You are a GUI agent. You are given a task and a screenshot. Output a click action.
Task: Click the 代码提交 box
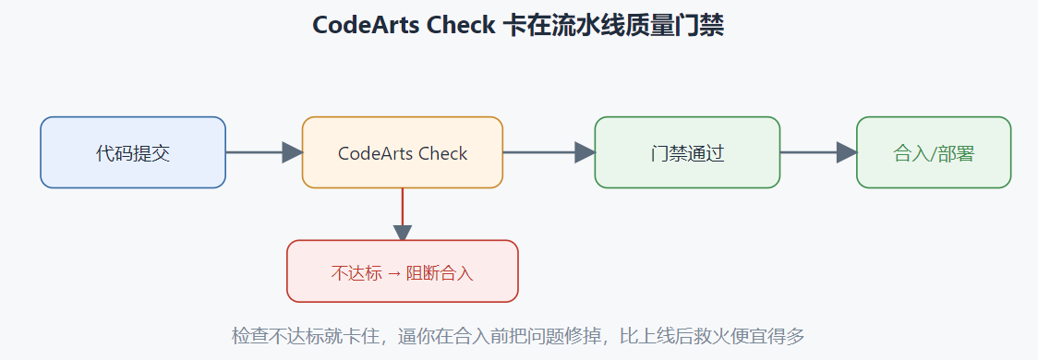pos(133,153)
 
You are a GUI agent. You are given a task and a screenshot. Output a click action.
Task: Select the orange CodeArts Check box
pos(403,153)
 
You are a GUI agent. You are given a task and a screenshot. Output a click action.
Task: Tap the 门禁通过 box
pos(687,153)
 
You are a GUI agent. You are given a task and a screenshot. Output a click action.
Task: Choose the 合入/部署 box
pos(934,153)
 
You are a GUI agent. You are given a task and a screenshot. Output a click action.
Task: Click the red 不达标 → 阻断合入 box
pos(403,271)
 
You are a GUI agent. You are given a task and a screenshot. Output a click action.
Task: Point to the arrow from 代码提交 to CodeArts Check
pos(264,153)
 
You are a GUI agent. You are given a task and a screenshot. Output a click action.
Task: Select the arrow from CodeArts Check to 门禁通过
pos(549,153)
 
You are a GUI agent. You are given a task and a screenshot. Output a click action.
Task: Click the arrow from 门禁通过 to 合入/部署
pos(818,153)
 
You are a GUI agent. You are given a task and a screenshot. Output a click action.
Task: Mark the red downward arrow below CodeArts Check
pos(403,214)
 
